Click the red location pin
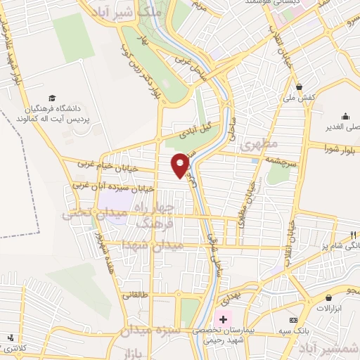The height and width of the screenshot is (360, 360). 181,165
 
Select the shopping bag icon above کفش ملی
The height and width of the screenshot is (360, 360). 300,87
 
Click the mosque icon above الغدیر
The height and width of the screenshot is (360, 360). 345,117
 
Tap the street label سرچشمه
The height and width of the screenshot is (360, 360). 283,160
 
